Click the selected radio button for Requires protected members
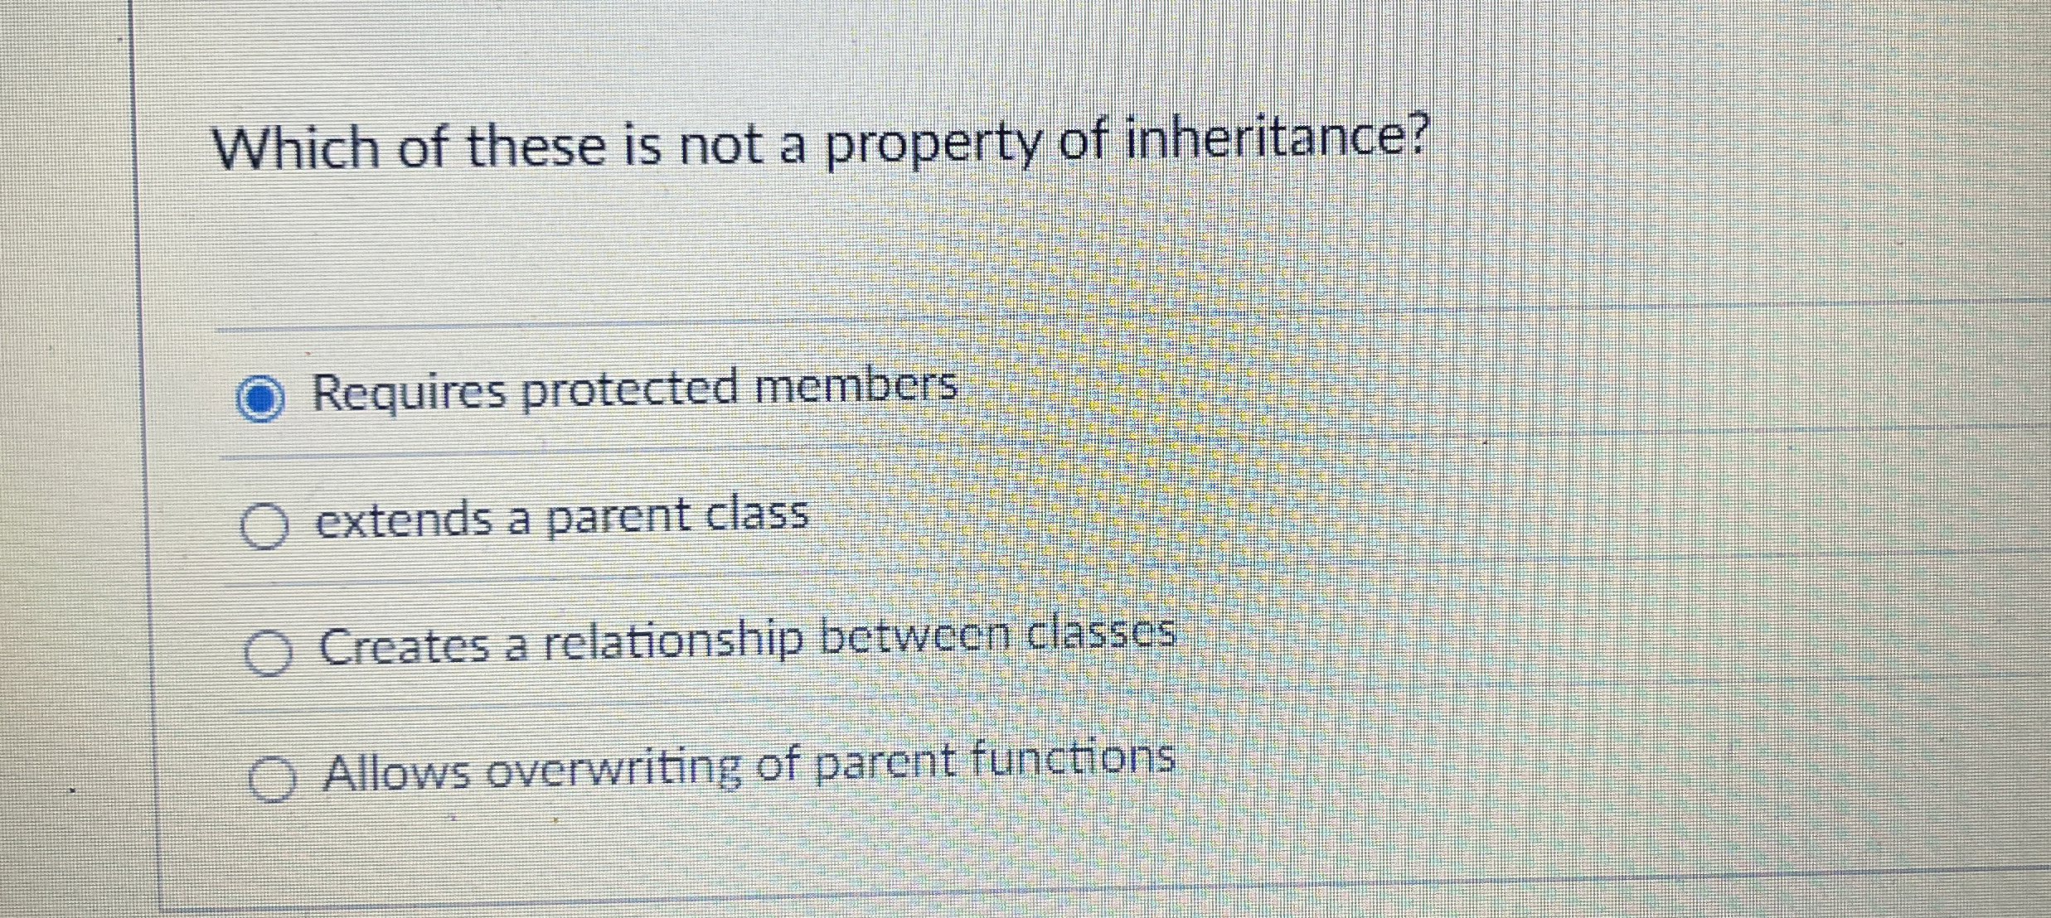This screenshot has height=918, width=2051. tap(260, 399)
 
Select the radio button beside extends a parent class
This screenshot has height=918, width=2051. tap(264, 526)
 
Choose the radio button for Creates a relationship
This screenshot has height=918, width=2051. tap(269, 653)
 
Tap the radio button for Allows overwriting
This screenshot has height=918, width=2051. tap(272, 780)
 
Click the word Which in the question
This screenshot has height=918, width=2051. tap(295, 149)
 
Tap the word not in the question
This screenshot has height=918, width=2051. tap(720, 147)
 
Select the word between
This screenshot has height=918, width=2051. tap(915, 638)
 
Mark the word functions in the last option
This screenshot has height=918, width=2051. tap(1073, 759)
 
